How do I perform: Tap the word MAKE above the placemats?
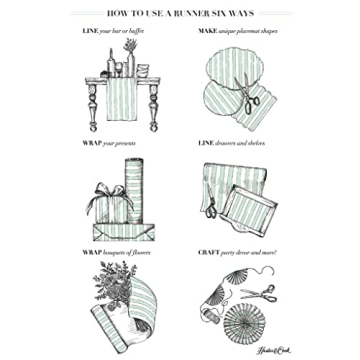click(x=206, y=31)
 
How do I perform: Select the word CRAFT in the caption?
click(x=207, y=252)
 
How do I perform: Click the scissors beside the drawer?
click(x=211, y=206)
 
